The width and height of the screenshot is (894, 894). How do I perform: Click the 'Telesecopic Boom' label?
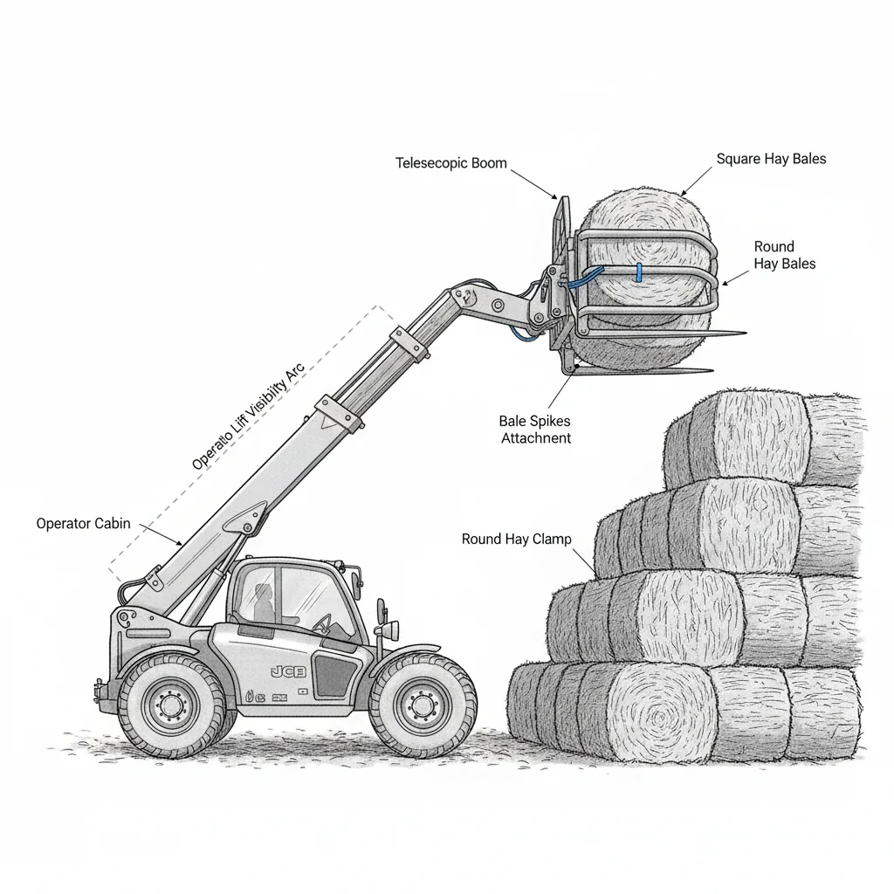(450, 163)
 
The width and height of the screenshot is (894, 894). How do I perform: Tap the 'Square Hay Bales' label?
(771, 159)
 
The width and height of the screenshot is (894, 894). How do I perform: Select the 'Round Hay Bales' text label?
(784, 255)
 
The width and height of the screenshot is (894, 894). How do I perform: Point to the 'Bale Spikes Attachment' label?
(535, 430)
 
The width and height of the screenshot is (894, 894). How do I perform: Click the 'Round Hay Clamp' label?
(516, 540)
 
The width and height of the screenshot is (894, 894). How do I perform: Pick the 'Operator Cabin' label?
(83, 524)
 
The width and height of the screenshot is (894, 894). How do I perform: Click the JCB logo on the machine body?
(289, 670)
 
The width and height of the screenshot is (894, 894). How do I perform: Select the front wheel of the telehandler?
(423, 704)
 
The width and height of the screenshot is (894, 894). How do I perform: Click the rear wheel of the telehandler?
(171, 705)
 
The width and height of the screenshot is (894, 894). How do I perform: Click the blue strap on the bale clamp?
(638, 272)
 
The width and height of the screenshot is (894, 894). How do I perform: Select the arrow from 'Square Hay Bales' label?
(697, 181)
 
